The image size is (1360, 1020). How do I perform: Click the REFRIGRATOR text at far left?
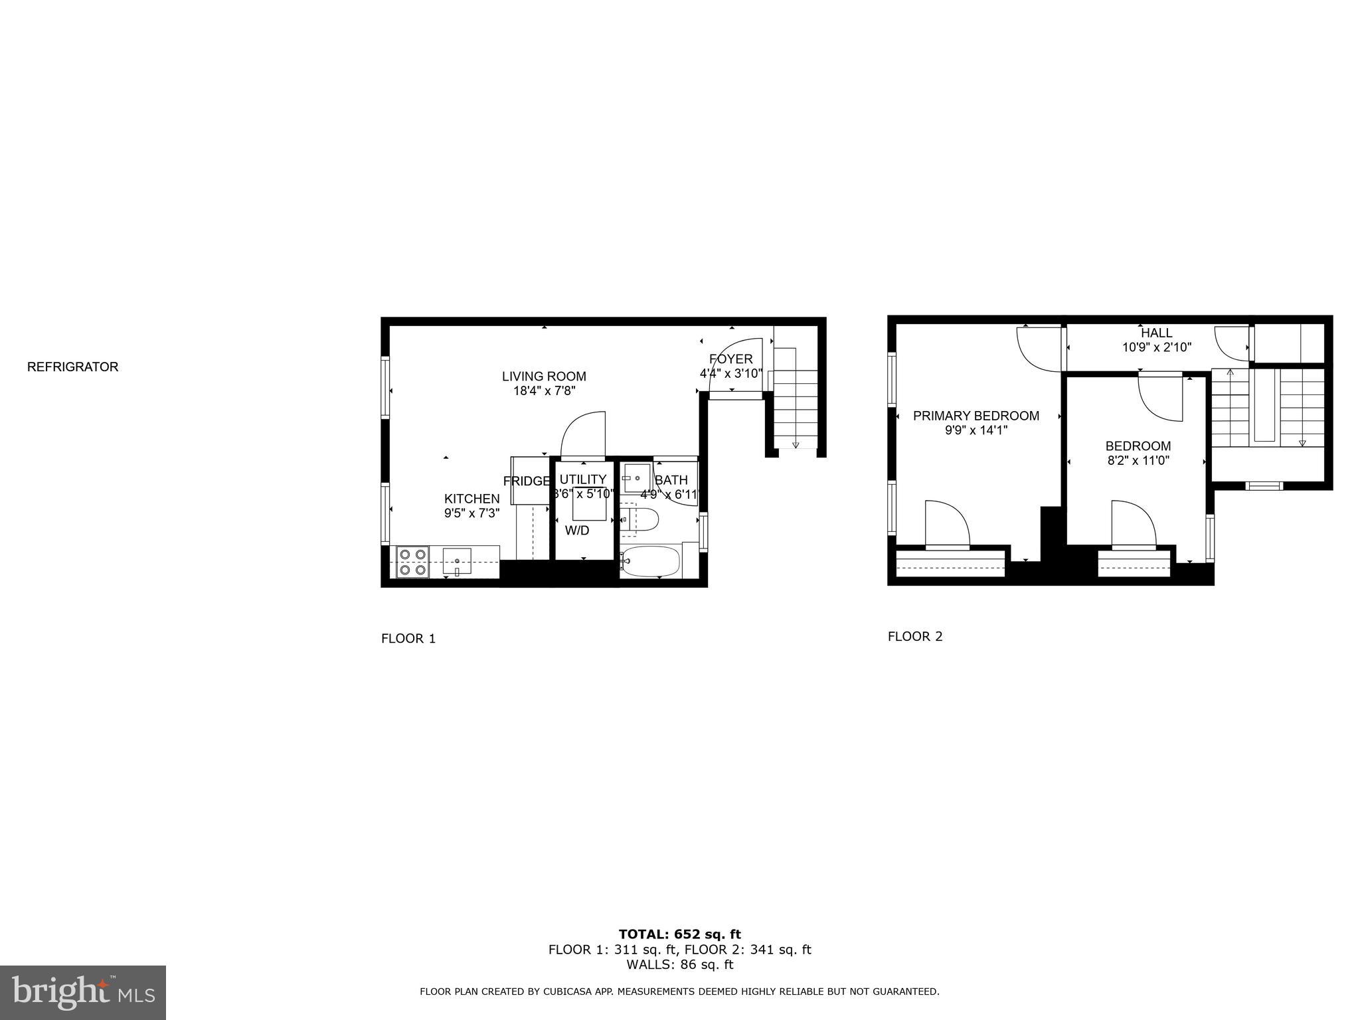click(72, 367)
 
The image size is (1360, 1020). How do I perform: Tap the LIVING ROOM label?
click(544, 377)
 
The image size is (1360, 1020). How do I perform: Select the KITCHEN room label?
click(471, 499)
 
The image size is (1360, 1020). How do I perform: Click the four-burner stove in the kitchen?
click(412, 562)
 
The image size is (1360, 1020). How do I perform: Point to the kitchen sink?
click(457, 561)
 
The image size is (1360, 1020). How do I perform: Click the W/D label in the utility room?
click(577, 531)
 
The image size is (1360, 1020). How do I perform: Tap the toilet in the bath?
click(641, 519)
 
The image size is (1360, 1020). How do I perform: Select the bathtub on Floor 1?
click(651, 562)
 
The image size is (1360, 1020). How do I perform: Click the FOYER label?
click(730, 359)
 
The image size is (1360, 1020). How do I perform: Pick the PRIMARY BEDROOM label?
click(976, 416)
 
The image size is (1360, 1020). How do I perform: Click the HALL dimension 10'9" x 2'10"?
click(1157, 347)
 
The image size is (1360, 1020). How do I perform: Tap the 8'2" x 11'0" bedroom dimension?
click(1138, 460)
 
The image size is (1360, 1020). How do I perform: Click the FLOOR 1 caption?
click(408, 639)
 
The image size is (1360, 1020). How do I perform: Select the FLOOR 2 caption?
click(915, 636)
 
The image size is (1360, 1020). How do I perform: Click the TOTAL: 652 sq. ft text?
click(679, 934)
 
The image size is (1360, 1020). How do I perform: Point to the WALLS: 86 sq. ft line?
click(679, 965)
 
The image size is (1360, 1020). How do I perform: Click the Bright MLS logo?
click(83, 992)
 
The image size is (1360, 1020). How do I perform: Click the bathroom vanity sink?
click(636, 477)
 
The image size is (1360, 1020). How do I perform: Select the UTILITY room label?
click(582, 479)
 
